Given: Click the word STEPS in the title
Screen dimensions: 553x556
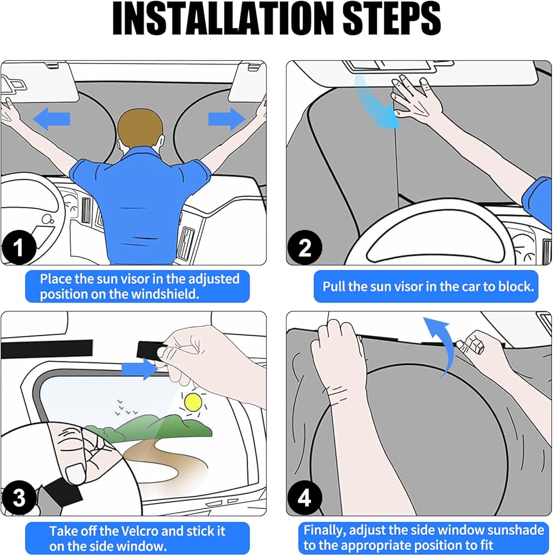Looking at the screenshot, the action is pyautogui.click(x=392, y=18).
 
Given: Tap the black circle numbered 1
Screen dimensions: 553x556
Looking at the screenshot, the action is pyautogui.click(x=19, y=247).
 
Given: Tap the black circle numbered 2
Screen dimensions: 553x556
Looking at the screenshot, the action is pyautogui.click(x=304, y=247).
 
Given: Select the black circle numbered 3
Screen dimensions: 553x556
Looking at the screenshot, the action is pyautogui.click(x=19, y=498).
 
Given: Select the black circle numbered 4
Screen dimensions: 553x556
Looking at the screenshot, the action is pyautogui.click(x=304, y=498).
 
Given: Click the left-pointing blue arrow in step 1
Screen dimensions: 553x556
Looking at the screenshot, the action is pyautogui.click(x=51, y=119).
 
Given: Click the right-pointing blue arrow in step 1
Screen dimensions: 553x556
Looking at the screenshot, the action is pyautogui.click(x=227, y=119).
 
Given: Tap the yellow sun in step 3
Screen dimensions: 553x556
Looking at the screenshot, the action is pyautogui.click(x=193, y=402).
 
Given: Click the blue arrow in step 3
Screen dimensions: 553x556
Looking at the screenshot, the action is pyautogui.click(x=140, y=369).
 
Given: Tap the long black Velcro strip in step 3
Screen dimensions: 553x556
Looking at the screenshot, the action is pyautogui.click(x=47, y=349).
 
